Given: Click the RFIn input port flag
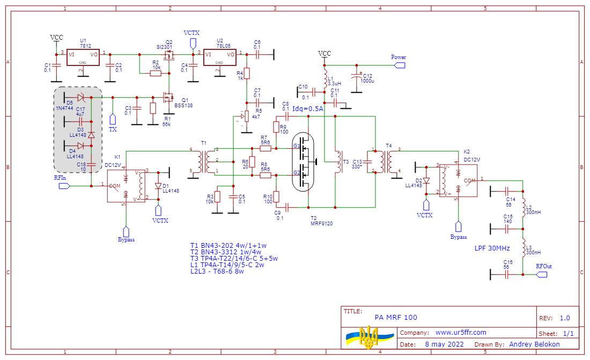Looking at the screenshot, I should click(64, 186).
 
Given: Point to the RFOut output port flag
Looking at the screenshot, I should click(542, 274).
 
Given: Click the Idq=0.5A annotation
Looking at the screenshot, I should click(307, 108).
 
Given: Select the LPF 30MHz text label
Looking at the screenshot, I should click(492, 248).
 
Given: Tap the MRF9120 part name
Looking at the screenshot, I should click(322, 223).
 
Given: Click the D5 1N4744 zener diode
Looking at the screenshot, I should click(80, 97).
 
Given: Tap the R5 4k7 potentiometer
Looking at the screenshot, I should click(246, 116).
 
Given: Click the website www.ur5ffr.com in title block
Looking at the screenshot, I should click(460, 333).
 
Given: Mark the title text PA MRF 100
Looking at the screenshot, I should click(396, 318).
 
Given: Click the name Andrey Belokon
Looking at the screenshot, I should click(534, 344).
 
